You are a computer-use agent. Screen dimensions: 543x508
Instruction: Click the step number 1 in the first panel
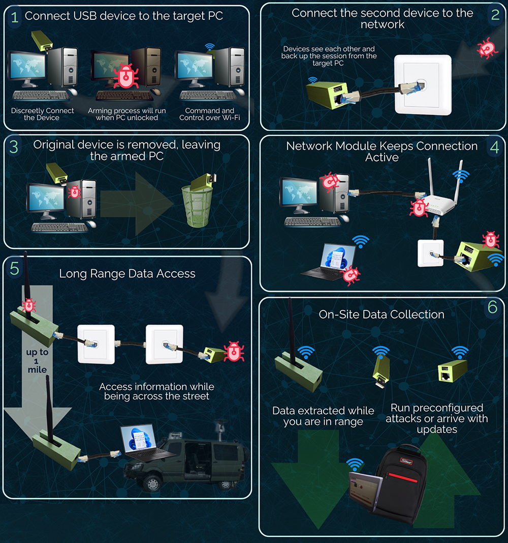[x=15, y=17]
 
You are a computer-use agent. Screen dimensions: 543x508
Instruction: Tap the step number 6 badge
[x=492, y=307]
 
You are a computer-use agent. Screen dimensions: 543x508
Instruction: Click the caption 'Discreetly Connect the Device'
[x=42, y=114]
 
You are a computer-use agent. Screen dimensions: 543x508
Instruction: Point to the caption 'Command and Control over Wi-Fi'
[x=209, y=114]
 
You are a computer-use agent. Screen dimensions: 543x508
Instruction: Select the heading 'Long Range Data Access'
[x=127, y=273]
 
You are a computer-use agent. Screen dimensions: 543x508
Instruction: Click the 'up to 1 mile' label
[x=37, y=361]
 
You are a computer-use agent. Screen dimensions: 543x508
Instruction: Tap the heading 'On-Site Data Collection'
[x=381, y=315]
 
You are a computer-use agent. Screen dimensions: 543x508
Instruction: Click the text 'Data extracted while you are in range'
[x=323, y=416]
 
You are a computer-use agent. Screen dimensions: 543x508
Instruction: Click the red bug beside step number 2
[x=486, y=48]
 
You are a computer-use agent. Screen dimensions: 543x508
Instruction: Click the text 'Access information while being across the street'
[x=156, y=391]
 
